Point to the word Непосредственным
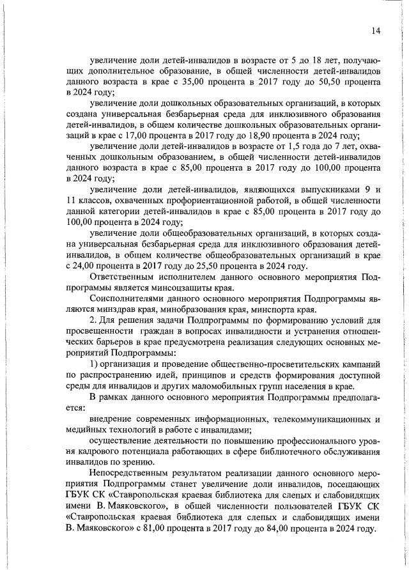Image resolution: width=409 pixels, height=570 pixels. click(132, 472)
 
